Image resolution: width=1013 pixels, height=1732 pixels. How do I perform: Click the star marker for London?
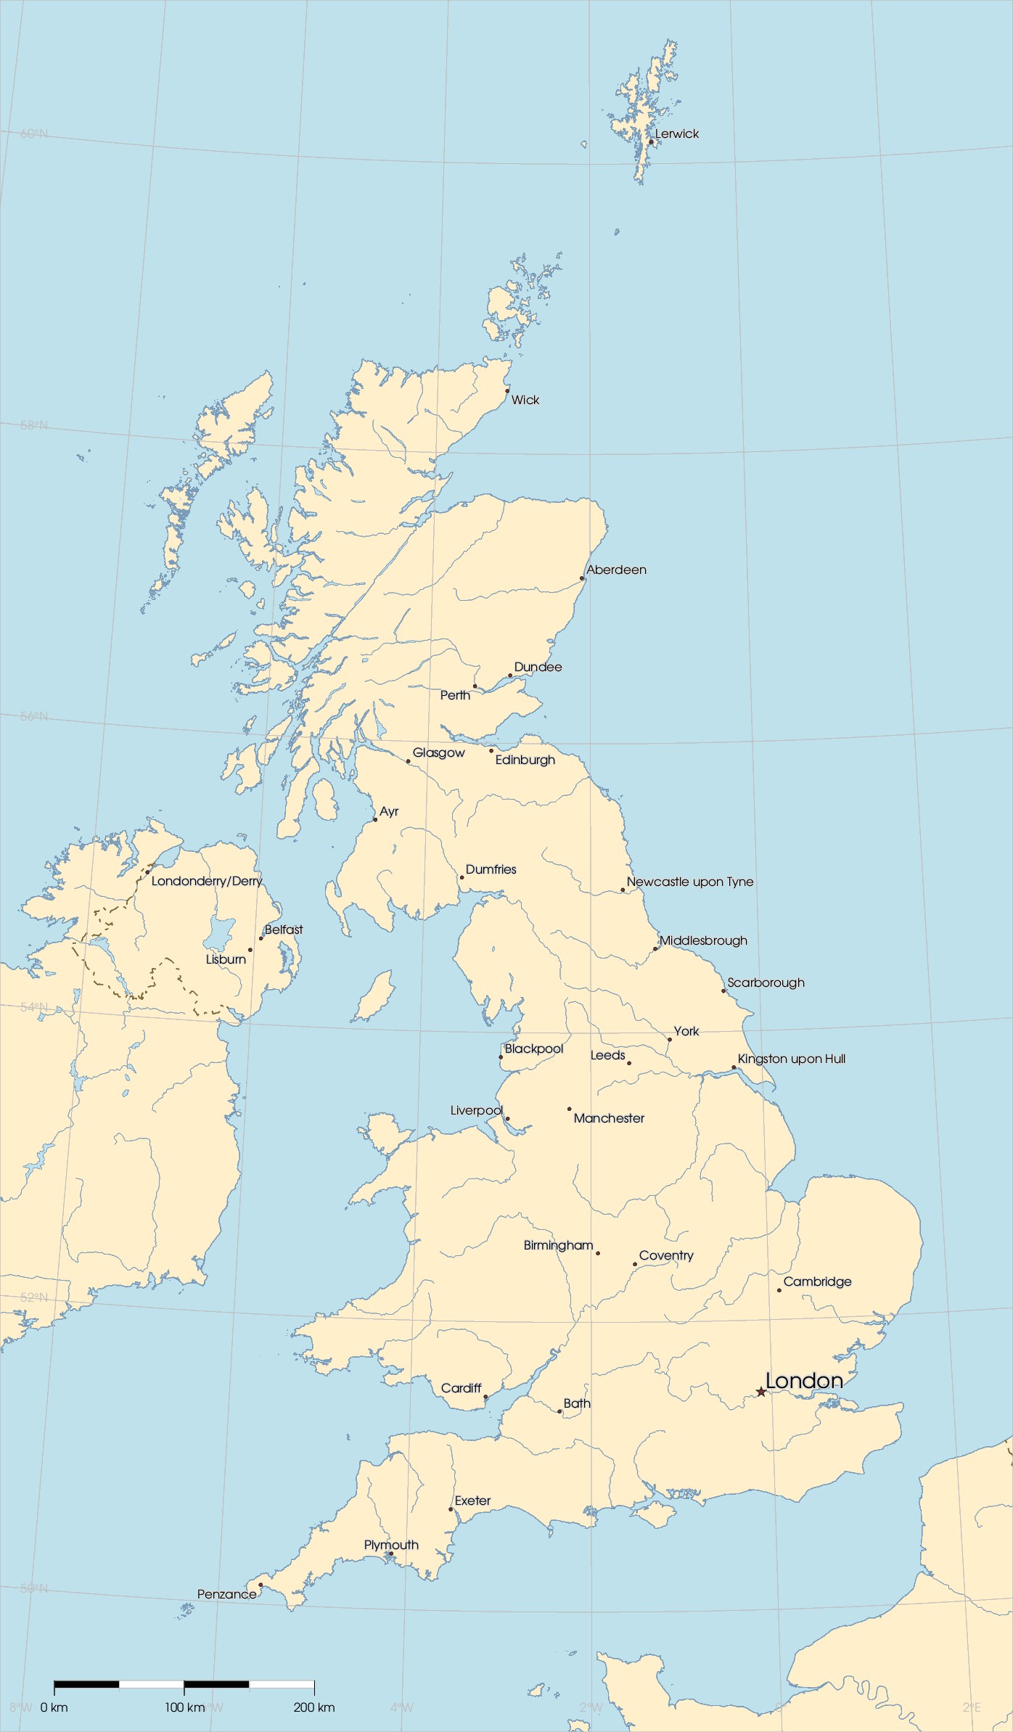coord(760,1392)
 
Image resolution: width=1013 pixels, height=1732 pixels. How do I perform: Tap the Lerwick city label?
coord(676,134)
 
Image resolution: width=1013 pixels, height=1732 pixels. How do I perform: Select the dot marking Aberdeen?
coord(582,578)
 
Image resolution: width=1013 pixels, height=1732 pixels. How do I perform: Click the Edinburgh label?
coord(525,760)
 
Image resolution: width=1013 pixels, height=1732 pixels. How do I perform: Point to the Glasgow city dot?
coord(408,761)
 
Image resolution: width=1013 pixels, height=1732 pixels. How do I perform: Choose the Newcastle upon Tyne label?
coord(689,882)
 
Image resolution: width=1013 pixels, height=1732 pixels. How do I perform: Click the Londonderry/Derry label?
coord(207,881)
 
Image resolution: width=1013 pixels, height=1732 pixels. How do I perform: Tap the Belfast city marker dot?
coord(261,938)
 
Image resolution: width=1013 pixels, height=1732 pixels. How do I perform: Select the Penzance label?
coord(226,1594)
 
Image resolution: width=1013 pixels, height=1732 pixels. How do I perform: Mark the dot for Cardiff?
coord(485,1397)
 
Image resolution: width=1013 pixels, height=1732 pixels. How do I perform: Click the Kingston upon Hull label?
coord(791,1059)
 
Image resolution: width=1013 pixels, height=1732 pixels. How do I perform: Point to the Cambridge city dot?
coord(779,1290)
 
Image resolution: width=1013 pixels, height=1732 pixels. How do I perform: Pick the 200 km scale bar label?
coord(314,1707)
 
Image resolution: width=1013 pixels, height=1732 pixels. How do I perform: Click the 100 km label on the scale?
coord(184,1707)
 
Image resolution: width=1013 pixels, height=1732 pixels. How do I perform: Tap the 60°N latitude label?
coord(34,134)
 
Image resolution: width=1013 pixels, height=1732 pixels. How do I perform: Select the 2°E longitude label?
coord(972,1707)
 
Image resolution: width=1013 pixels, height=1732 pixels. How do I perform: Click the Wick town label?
coord(525,400)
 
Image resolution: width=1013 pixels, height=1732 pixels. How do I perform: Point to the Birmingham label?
coord(558,1245)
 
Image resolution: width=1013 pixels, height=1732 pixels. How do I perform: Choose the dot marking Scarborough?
coord(723,990)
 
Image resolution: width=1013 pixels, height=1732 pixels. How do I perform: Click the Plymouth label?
coord(391,1545)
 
